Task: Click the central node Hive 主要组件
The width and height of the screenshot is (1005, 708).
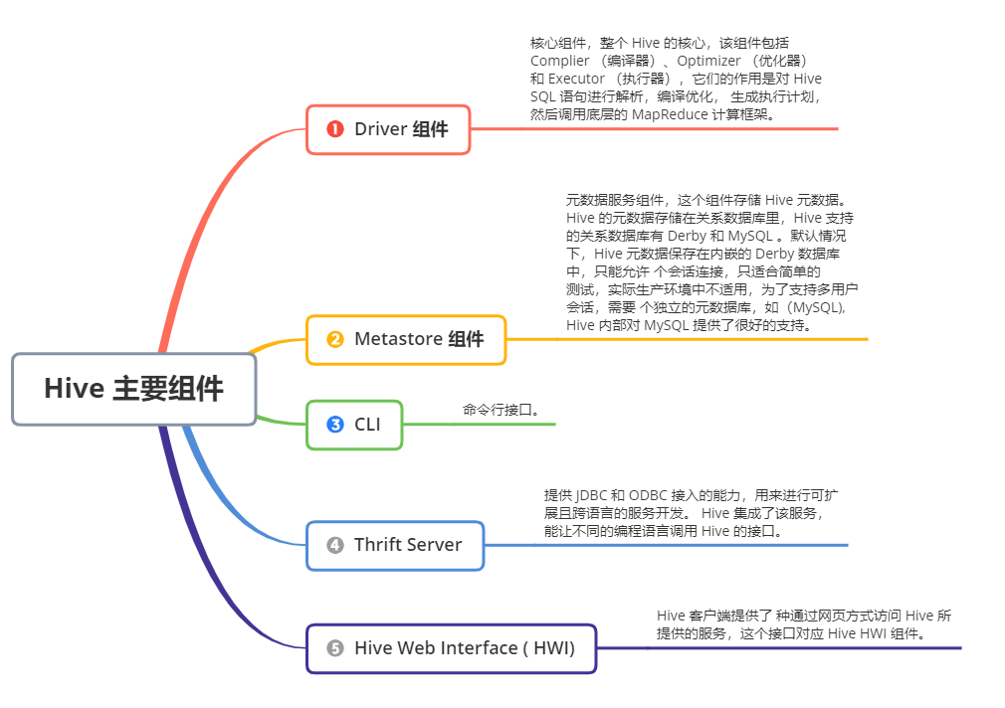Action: [133, 389]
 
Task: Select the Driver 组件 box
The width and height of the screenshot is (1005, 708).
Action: [388, 129]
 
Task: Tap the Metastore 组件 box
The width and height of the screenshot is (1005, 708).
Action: [406, 339]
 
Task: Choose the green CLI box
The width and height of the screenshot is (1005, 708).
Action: [355, 425]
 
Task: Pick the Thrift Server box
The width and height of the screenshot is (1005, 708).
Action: [395, 545]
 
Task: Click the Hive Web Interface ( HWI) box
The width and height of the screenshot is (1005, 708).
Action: [451, 648]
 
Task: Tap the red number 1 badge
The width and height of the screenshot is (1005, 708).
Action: [335, 129]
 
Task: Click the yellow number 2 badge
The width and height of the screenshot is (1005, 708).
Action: [335, 339]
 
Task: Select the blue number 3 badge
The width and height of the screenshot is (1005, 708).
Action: [335, 425]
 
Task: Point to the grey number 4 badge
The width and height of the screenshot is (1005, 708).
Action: [335, 545]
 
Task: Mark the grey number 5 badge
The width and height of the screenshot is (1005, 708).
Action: [335, 648]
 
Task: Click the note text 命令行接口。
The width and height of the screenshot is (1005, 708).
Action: [501, 410]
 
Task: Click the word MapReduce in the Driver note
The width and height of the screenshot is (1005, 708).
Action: [669, 114]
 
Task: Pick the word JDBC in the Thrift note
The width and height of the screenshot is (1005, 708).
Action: [590, 495]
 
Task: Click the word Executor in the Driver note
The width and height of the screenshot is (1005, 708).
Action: [576, 79]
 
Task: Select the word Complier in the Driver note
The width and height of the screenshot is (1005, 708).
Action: [559, 61]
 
